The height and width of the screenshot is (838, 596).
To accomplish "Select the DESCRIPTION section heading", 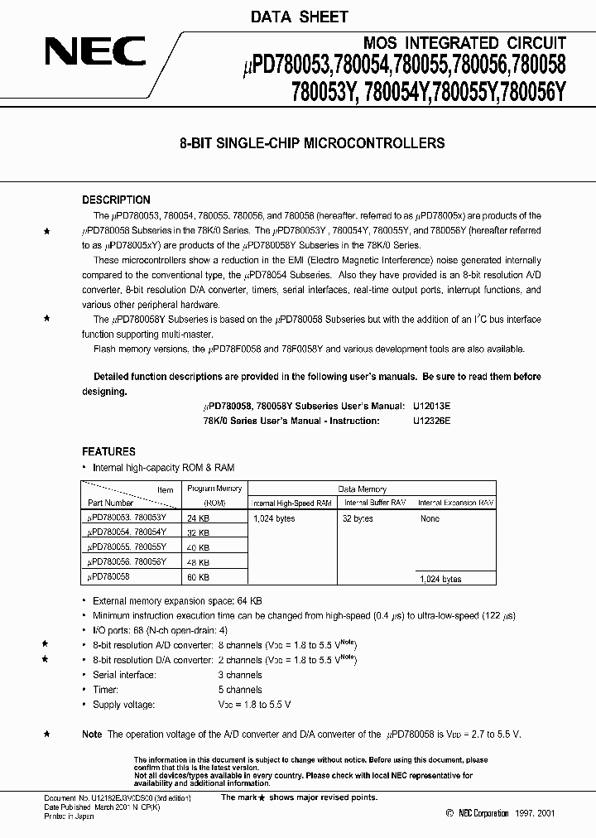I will point(116,200).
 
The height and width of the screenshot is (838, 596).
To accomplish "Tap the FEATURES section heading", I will point(108,451).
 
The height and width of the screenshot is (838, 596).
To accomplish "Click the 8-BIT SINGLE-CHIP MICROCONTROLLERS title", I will point(312,143).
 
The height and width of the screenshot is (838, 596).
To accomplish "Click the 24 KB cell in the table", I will point(199,518).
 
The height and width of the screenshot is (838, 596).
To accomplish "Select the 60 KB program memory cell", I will point(199,576).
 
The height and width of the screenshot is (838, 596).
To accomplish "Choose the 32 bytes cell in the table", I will point(358,518).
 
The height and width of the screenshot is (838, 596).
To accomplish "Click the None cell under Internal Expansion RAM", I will point(430,518).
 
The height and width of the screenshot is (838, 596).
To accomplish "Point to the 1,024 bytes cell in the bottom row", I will point(440,580).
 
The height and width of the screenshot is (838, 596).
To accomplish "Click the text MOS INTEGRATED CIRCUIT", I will point(464,43).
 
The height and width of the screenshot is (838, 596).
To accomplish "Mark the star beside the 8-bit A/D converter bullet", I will point(46,644).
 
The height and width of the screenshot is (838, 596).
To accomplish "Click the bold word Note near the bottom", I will point(92,734).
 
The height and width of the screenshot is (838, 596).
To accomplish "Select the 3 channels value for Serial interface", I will point(239,674).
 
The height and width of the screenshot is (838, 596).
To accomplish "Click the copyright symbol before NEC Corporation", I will point(449,814).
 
